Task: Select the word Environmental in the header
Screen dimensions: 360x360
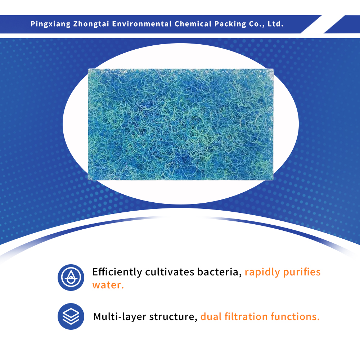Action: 142,24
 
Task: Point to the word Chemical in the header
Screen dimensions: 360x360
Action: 192,24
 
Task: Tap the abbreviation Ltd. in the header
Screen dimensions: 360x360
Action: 276,24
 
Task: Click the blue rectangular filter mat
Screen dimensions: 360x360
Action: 181,124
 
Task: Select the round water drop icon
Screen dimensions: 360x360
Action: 71,278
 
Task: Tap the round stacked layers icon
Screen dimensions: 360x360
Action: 71,316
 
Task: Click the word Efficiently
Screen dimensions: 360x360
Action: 117,272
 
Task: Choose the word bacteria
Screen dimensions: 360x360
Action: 219,272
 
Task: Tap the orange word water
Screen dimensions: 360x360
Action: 108,285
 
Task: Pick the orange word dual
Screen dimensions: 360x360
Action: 211,317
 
